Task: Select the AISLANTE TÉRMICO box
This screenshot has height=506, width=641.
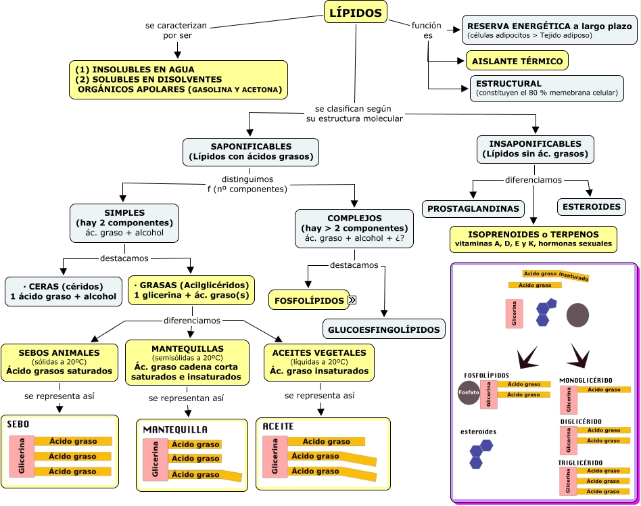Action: coord(517,61)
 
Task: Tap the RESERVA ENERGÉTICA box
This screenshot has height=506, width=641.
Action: coord(548,30)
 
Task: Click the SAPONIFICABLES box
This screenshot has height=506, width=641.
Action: coord(251,152)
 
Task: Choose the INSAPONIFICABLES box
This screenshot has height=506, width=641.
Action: coord(536,149)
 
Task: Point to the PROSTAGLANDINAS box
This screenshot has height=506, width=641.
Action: coord(474,208)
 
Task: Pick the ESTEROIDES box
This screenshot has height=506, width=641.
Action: coord(590,206)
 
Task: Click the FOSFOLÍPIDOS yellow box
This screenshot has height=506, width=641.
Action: coord(308,300)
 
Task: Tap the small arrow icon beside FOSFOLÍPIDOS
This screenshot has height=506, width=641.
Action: coord(352,300)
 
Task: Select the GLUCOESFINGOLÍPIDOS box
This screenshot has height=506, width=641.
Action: coord(384,330)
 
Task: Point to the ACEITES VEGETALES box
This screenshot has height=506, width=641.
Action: coord(319,362)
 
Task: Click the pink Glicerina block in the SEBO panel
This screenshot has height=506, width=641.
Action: coord(22,457)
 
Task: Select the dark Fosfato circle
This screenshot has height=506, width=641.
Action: coord(469,393)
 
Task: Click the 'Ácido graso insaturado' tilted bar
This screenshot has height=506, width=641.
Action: coord(556,275)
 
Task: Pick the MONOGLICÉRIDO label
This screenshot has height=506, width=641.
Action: coord(586,379)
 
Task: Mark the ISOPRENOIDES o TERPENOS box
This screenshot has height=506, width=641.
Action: coord(533,239)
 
